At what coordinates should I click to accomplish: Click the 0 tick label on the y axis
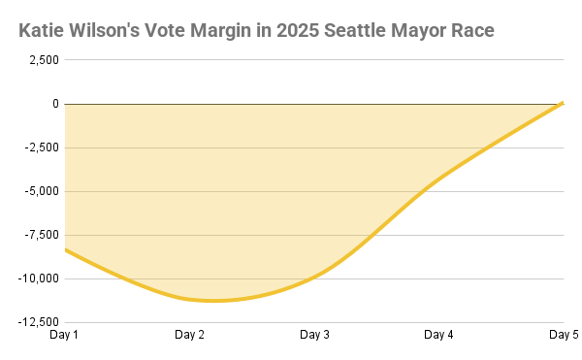pos(55,104)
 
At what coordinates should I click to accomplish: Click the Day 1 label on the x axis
pos(64,335)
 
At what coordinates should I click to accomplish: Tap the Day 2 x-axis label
pos(189,335)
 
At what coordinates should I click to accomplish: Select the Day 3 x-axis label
pos(314,335)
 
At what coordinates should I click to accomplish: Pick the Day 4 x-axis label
pos(439,335)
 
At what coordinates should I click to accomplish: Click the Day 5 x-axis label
pos(564,335)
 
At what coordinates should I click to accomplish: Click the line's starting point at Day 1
pos(65,249)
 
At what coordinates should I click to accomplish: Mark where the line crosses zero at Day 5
pos(563,103)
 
